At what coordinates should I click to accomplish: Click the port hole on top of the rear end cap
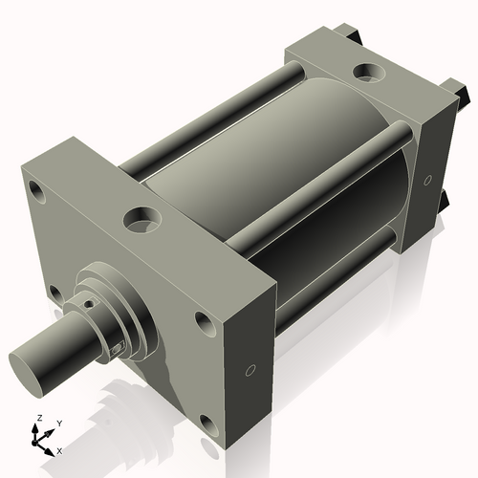(366, 72)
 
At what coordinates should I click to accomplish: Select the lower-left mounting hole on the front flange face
(55, 293)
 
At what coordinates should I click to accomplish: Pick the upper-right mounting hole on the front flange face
(203, 322)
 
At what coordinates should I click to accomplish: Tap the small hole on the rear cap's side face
(428, 179)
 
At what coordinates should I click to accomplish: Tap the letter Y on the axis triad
(58, 423)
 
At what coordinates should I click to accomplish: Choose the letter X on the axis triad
(59, 449)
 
